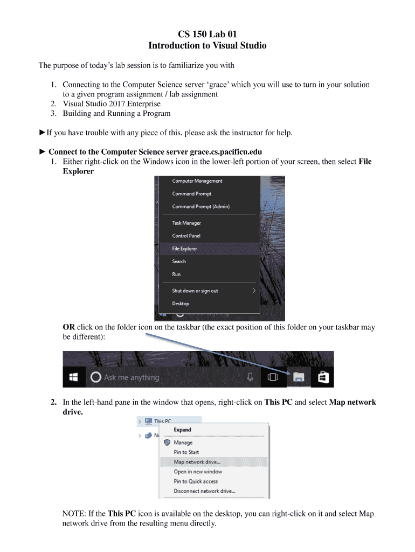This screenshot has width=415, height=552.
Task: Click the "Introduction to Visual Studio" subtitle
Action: coord(207,46)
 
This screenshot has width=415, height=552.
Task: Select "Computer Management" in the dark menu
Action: coord(197,181)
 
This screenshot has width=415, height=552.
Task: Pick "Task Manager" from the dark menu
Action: coord(186,223)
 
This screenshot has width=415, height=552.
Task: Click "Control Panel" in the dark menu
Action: coord(186,236)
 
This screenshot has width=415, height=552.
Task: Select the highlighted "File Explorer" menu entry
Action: coord(184,249)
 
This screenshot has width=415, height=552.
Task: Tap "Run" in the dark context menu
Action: coord(176,274)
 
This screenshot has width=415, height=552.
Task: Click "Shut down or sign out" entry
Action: coord(195,291)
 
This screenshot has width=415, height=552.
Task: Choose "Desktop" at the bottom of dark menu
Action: coord(181,303)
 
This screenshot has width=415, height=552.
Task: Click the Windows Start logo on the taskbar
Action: coord(74,377)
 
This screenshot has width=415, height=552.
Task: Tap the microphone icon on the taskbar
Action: coord(250,377)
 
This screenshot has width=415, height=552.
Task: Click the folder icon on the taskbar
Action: coord(299,378)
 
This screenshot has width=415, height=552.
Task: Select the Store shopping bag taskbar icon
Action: coord(323,377)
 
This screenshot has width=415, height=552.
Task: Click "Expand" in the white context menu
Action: coord(182,430)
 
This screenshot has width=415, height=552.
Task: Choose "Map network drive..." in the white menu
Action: coord(197,462)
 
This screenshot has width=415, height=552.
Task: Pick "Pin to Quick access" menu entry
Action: coord(196,481)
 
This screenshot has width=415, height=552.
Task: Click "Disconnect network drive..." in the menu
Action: coord(204,491)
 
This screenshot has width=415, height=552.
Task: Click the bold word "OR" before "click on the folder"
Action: coord(68,327)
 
